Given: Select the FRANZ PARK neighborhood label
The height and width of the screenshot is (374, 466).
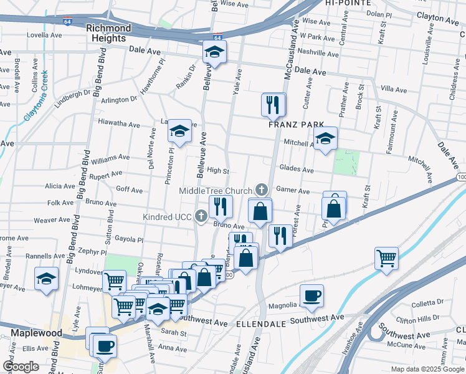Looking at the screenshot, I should coord(293,124).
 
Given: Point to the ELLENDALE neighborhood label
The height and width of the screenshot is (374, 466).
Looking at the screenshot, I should coord(260,325).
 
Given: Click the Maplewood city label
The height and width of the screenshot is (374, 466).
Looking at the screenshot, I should coord(36,333).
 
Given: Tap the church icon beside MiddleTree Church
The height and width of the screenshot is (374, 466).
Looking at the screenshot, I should coord(262,189).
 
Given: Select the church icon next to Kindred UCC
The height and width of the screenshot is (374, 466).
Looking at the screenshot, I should coord(201,216).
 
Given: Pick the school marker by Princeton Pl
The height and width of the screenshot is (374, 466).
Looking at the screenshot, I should coord(179,130).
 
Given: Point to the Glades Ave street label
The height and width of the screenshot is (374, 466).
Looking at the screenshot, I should coord(297,169).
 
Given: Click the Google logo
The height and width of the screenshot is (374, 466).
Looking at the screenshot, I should coord(21,367).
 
